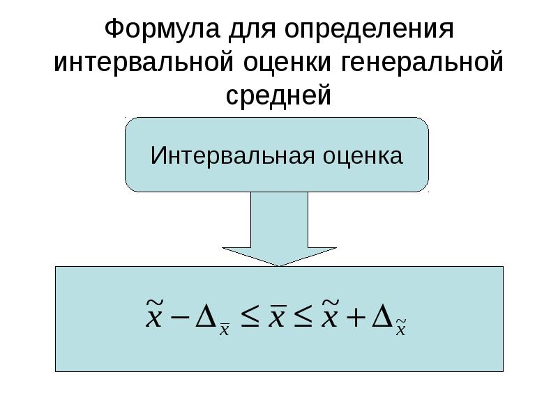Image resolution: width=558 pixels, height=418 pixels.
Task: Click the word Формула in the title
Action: [x=162, y=29]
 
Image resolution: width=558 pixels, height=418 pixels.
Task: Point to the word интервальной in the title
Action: [x=144, y=62]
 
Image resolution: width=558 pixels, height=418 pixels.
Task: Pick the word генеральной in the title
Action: [x=422, y=62]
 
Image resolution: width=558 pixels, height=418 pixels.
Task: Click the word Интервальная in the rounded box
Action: [x=232, y=155]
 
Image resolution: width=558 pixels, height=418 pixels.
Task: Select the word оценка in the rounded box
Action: [x=363, y=156]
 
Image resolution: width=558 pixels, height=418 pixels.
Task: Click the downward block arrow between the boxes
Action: [x=280, y=229]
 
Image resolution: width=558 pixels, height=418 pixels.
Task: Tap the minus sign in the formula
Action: [x=181, y=317]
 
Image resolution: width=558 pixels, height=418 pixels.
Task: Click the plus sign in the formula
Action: [x=356, y=317]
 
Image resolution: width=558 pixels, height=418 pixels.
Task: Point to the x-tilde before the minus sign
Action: [x=154, y=313]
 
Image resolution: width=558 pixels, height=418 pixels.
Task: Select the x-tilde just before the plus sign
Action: [x=329, y=313]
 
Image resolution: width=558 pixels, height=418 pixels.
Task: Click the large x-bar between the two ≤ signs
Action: [x=277, y=316]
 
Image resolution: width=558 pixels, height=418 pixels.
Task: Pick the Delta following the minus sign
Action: [x=206, y=316]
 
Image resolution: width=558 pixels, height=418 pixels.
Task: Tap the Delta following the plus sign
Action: [x=382, y=316]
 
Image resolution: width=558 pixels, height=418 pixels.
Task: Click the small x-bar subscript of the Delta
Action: [x=224, y=329]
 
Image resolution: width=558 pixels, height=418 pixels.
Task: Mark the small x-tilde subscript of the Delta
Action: [x=401, y=327]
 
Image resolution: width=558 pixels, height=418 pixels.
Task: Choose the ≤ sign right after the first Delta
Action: [x=250, y=317]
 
